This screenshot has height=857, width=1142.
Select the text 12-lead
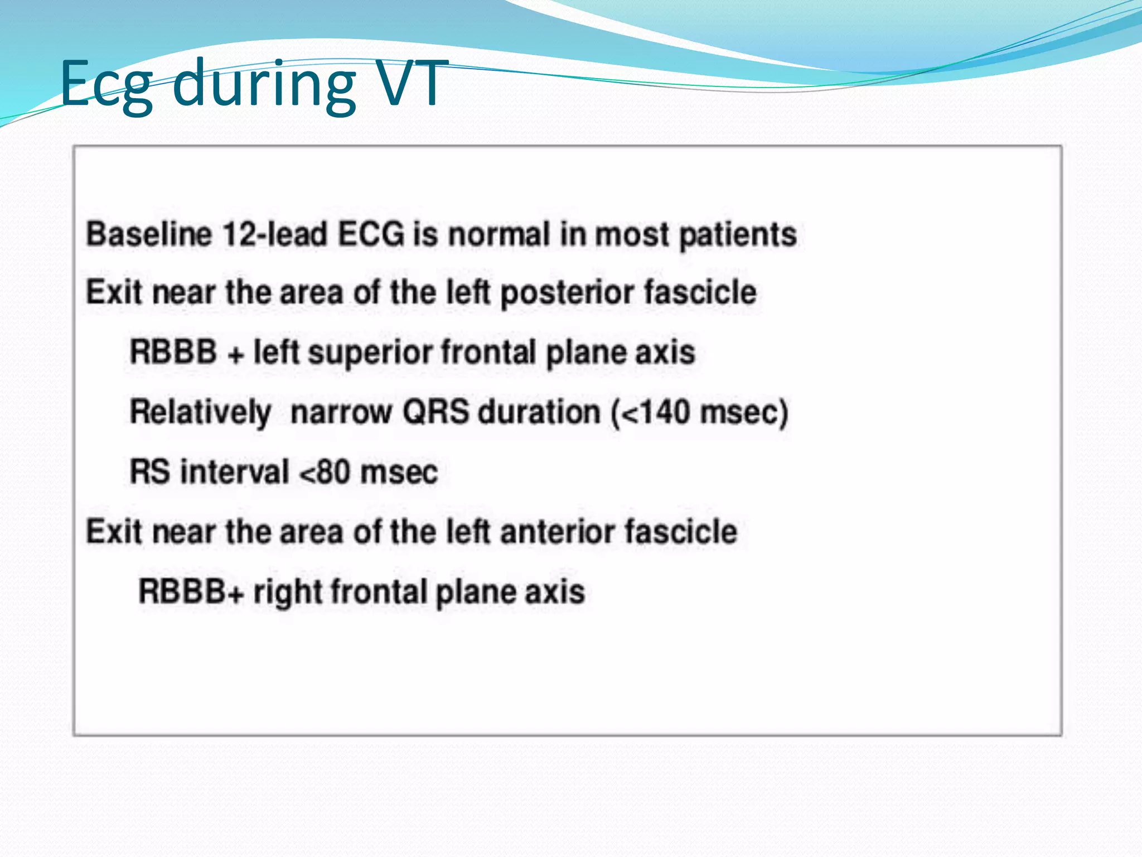[275, 234]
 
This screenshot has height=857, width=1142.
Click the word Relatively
[200, 413]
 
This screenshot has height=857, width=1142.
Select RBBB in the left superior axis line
[173, 353]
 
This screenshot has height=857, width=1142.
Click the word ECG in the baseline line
[371, 234]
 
